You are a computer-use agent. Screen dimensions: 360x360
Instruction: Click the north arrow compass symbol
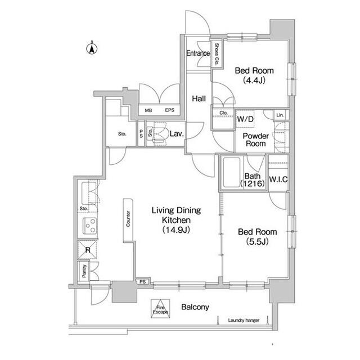click(89, 48)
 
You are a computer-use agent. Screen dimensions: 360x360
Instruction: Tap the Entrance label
click(198, 54)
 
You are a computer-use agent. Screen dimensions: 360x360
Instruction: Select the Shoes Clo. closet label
click(217, 53)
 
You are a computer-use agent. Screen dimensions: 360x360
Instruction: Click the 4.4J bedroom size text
click(254, 80)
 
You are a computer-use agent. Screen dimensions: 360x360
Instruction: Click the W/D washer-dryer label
click(245, 120)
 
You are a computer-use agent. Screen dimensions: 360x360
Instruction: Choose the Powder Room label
click(254, 139)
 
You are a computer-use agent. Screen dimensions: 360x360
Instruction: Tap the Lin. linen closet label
click(280, 115)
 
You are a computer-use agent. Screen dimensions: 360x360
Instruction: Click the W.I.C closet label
click(278, 180)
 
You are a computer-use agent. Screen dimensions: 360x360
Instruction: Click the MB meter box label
click(148, 110)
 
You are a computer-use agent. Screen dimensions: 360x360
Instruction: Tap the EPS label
click(169, 110)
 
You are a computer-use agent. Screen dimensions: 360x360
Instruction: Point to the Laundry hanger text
click(244, 320)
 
